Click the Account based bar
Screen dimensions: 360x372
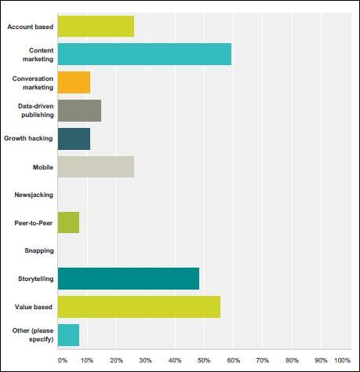click(x=96, y=26)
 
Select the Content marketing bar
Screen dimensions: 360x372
click(x=144, y=54)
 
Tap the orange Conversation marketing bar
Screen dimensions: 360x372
click(x=74, y=82)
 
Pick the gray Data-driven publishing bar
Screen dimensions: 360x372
click(x=79, y=111)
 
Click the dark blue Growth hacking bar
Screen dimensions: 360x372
click(x=74, y=139)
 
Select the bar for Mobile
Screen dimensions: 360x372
click(x=96, y=167)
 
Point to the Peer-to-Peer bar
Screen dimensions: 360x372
click(x=68, y=223)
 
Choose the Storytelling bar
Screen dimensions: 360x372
click(x=129, y=279)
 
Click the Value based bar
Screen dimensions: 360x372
click(x=139, y=307)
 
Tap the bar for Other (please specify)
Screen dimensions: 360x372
click(x=68, y=335)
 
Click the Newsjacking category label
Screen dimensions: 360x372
click(x=34, y=195)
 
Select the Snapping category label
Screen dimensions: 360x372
click(x=39, y=250)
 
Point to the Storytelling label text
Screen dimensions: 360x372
click(x=36, y=279)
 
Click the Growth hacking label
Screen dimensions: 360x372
click(x=28, y=138)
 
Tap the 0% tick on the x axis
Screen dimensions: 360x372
click(x=63, y=360)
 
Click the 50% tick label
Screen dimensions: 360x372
click(x=204, y=360)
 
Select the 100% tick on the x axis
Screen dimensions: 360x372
click(x=343, y=360)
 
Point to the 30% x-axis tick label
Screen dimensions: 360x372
click(x=145, y=360)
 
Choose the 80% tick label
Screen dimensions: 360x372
click(x=292, y=360)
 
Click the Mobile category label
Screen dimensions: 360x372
click(x=43, y=167)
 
